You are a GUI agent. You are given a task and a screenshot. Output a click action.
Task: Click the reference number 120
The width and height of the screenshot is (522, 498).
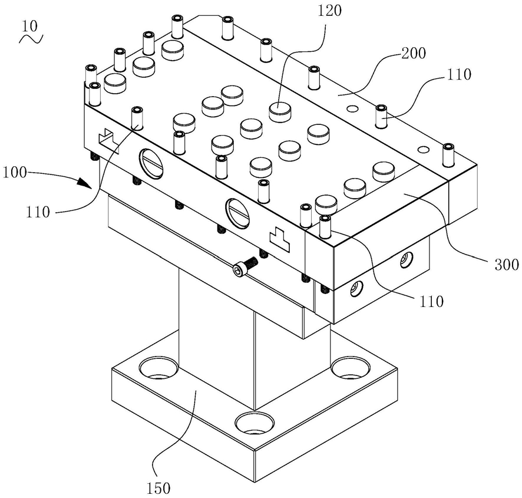pos(329,11)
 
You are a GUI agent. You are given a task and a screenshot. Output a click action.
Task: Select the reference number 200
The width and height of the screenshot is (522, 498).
pos(414,53)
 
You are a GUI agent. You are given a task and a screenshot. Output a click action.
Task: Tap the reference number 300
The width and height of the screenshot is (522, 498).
pos(506,265)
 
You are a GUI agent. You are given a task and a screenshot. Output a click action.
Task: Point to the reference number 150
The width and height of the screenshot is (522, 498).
pos(158,489)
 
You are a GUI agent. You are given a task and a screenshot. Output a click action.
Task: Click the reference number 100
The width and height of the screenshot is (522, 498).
pos(14,173)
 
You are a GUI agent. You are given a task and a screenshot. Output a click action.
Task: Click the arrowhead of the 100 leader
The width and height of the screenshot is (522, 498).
pos(85,183)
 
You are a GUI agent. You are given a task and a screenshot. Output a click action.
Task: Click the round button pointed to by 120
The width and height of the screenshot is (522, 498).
pos(280,111)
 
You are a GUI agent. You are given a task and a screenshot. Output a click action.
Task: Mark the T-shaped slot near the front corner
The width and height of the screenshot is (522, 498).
pos(279,239)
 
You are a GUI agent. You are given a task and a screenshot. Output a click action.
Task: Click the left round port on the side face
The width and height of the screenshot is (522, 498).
pos(152,163)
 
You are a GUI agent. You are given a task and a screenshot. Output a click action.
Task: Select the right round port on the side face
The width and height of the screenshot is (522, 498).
pos(237,213)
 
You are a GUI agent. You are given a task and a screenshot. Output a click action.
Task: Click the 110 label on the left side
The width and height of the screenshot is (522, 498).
pos(38,212)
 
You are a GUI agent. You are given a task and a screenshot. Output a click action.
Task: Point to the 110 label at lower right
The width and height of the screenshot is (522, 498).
pos(431,301)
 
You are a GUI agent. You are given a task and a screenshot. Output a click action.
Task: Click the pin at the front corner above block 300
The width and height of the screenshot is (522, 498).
pos(325,227)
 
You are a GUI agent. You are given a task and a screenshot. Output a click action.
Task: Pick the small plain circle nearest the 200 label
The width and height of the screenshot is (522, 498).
pos(352,108)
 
